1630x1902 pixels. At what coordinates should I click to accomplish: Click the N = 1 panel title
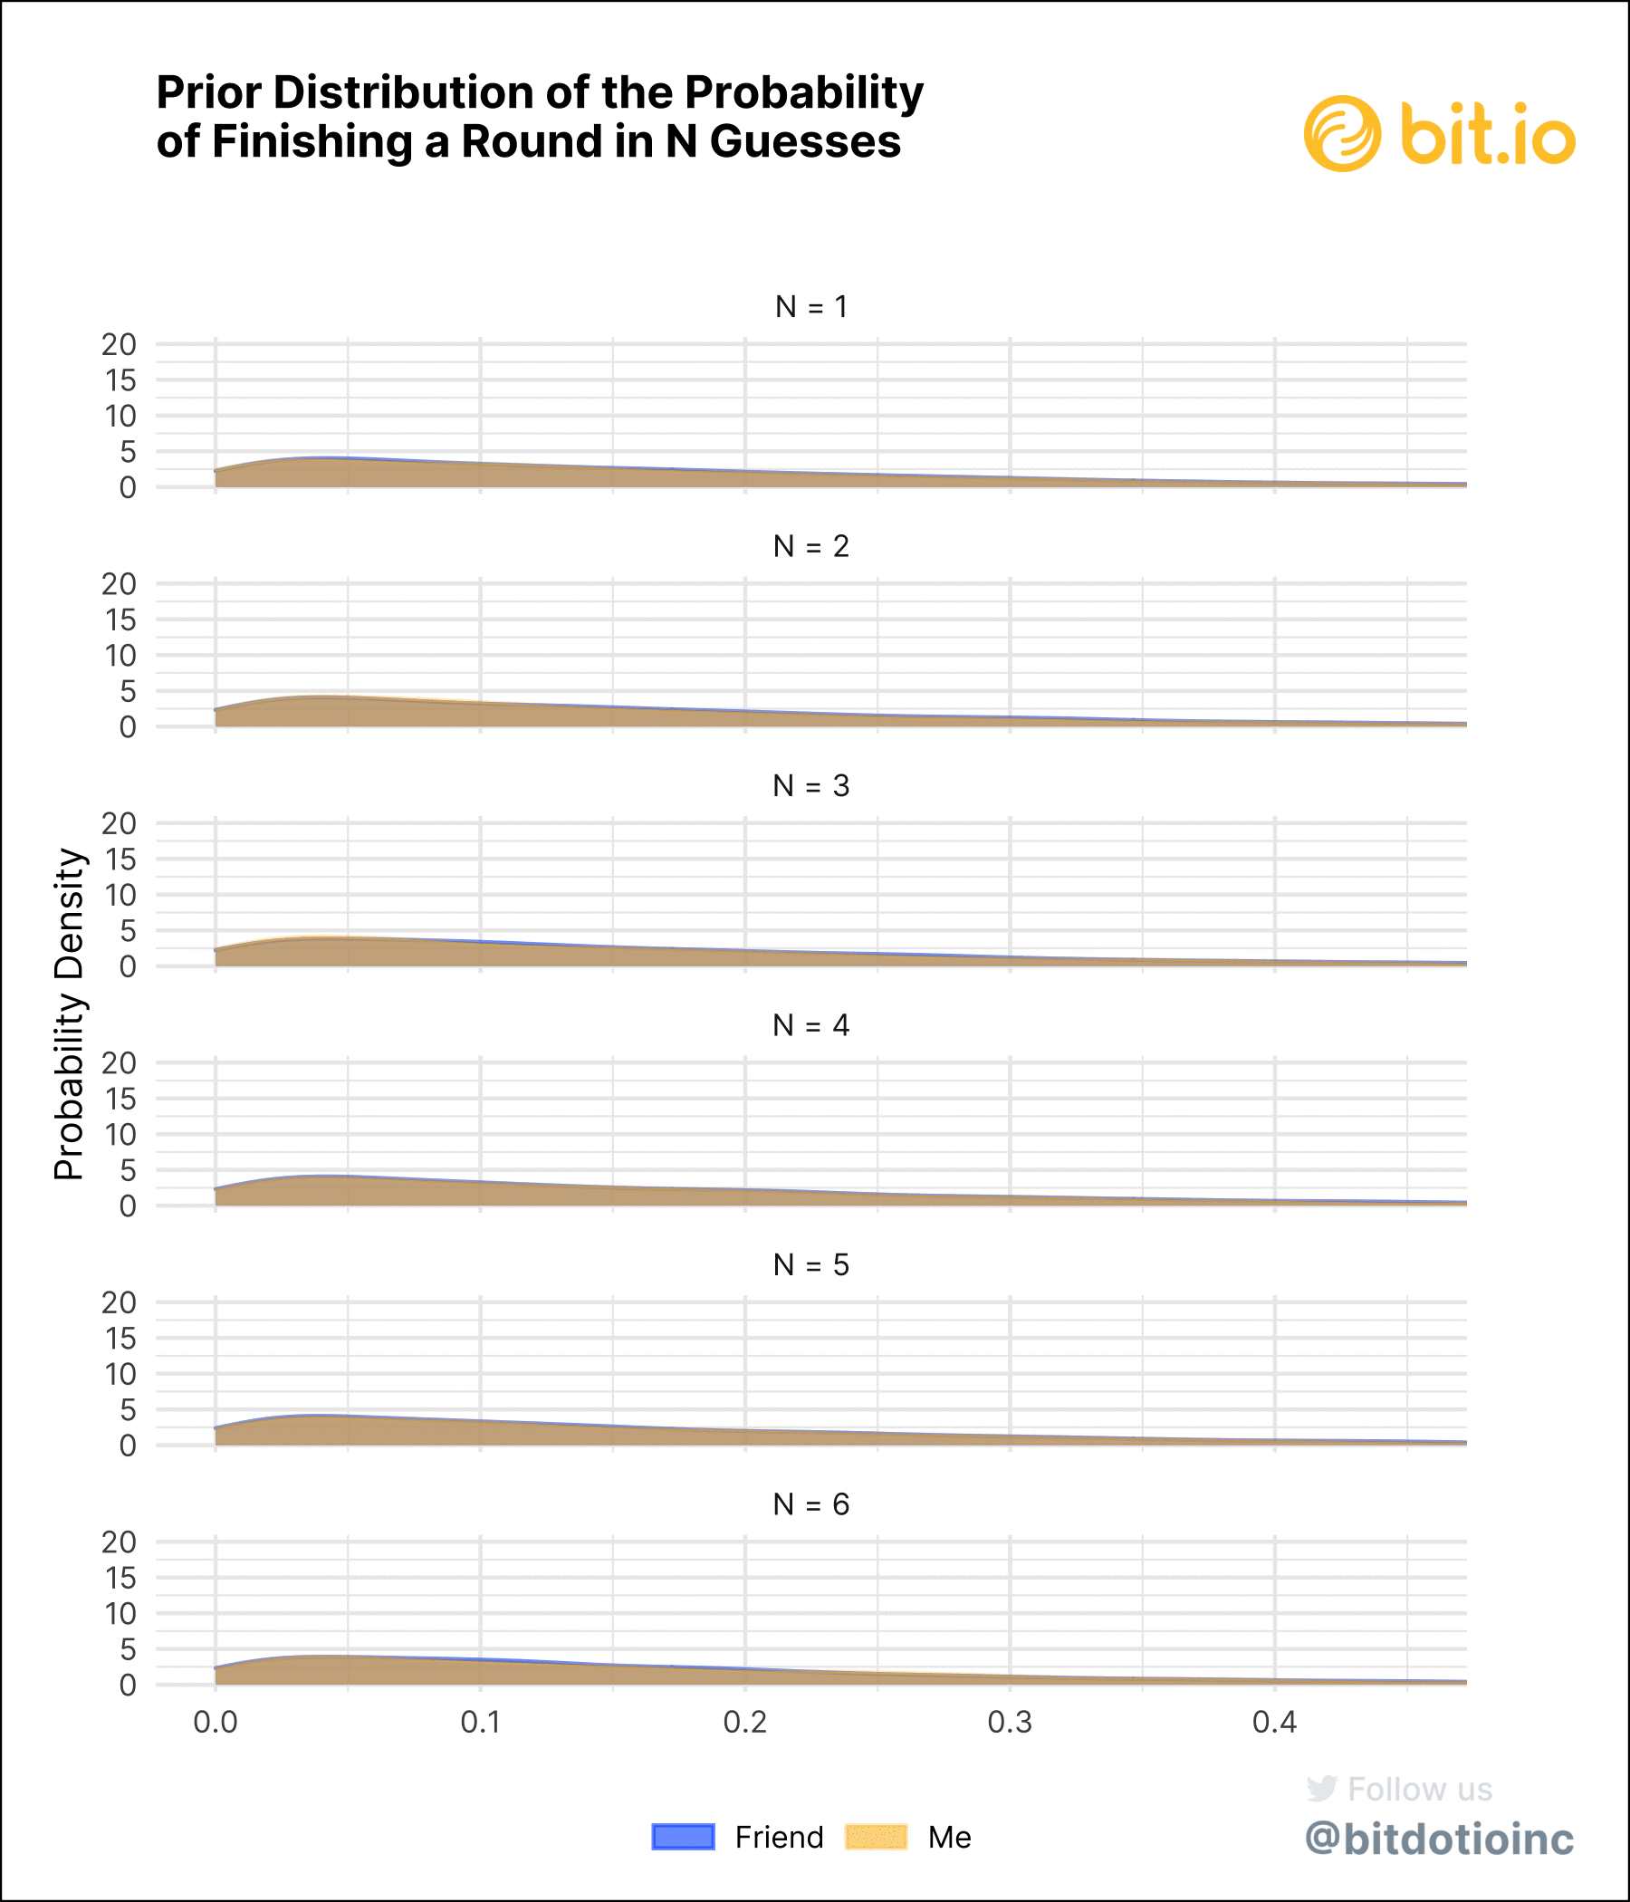pos(811,307)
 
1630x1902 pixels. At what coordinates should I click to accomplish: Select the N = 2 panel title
pos(811,546)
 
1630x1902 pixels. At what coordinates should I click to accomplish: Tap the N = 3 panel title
pos(811,786)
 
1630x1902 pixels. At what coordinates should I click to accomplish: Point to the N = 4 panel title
pos(811,1025)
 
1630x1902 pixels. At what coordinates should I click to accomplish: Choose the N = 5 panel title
pos(811,1265)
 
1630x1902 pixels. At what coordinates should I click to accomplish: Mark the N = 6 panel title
pos(811,1504)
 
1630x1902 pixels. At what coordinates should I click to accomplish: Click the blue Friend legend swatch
pos(683,1837)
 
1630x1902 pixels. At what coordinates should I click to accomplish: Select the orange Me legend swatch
pos(876,1837)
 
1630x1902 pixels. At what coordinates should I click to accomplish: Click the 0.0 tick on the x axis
pos(216,1722)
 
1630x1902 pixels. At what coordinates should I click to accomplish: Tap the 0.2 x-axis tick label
pos(745,1722)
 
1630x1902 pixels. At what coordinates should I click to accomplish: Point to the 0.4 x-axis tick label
pos(1275,1722)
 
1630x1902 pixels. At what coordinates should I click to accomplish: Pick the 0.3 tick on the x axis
pos(1010,1722)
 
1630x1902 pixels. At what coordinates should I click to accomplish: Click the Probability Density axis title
pos(70,1014)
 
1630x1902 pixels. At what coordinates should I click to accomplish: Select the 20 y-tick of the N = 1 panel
pos(120,344)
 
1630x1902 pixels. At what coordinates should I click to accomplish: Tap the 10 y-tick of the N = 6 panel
pos(120,1614)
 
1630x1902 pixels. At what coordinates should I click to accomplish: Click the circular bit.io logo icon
pos(1342,134)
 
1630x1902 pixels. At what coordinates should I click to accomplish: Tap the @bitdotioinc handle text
pos(1439,1839)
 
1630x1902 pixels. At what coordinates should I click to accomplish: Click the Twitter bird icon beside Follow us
pos(1321,1788)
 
